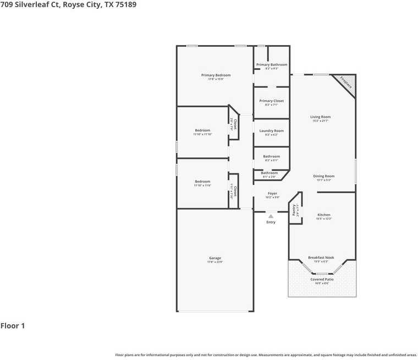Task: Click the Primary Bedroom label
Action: click(216, 75)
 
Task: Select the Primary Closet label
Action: click(271, 101)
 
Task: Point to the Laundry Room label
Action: click(271, 130)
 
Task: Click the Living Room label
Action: click(320, 117)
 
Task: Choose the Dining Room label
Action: click(323, 176)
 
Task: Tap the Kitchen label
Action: click(323, 215)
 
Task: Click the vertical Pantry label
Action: click(295, 210)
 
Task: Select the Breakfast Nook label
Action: click(321, 258)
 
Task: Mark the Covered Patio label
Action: click(322, 279)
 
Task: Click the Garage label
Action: click(215, 258)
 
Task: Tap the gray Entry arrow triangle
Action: click(271, 216)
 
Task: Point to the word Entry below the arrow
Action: click(271, 222)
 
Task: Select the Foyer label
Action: click(272, 193)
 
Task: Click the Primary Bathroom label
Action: click(272, 64)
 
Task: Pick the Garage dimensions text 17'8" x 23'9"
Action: click(215, 262)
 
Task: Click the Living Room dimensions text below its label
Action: click(320, 121)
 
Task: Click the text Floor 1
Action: click(13, 326)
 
